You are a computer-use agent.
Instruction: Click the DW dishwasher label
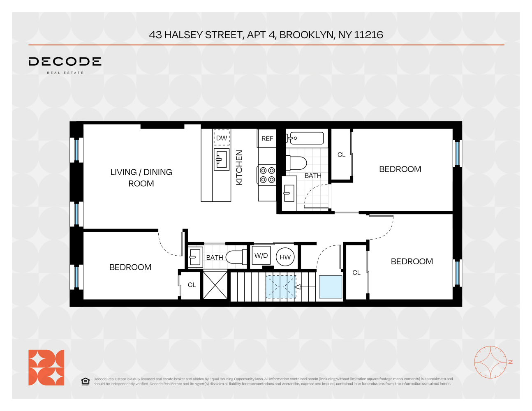(222, 138)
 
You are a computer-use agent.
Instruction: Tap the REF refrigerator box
(267, 139)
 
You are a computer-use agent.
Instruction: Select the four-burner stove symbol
(267, 175)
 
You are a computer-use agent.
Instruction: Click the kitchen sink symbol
(222, 159)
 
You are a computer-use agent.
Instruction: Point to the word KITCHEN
(239, 167)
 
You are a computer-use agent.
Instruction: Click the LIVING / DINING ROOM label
(141, 178)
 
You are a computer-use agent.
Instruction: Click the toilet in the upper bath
(297, 163)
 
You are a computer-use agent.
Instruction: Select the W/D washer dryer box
(261, 256)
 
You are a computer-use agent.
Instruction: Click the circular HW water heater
(285, 257)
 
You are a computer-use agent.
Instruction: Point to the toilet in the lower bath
(235, 257)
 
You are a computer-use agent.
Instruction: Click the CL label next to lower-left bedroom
(192, 285)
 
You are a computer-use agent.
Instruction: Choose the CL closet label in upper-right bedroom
(341, 155)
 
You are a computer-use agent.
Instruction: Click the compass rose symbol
(490, 362)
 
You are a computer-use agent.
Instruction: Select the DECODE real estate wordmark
(65, 62)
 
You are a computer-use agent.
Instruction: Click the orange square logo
(46, 367)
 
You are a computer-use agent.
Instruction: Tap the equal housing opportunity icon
(85, 381)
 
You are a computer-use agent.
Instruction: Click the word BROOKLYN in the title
(307, 35)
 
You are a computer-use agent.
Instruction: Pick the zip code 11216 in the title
(368, 35)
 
